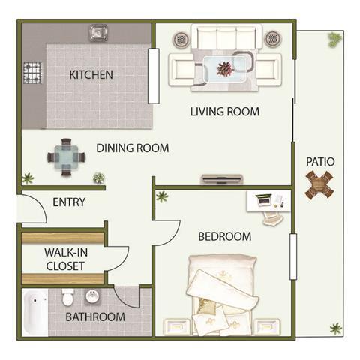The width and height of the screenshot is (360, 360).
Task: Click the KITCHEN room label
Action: (x=91, y=74)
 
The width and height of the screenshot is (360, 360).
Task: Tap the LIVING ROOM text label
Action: (x=224, y=112)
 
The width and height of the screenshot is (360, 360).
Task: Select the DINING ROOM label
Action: (x=132, y=148)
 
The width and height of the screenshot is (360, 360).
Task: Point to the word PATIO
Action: (x=320, y=161)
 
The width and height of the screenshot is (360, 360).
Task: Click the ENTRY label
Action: (x=69, y=202)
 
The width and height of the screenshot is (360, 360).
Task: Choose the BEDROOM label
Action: (x=224, y=236)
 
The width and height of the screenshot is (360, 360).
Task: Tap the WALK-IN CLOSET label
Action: (x=64, y=259)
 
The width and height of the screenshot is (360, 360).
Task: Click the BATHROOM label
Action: (x=94, y=316)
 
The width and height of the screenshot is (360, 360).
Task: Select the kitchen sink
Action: (x=98, y=33)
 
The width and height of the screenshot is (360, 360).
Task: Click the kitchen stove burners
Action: (x=33, y=73)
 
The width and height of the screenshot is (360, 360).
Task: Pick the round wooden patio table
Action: (x=319, y=184)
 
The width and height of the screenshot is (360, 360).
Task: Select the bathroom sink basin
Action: (x=92, y=295)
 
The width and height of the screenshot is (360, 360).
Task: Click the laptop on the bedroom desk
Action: (x=263, y=200)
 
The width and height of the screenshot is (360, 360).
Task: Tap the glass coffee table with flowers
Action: (x=225, y=67)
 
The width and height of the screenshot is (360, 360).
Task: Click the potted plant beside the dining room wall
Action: (x=98, y=178)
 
